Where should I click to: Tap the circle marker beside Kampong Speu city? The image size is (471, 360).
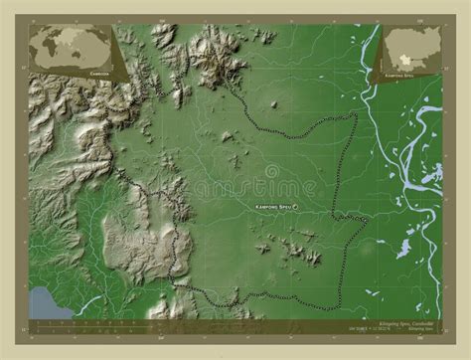[x=309, y=206]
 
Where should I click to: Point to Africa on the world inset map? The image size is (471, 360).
[x=61, y=48]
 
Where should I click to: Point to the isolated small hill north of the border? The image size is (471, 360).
[x=274, y=105]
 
